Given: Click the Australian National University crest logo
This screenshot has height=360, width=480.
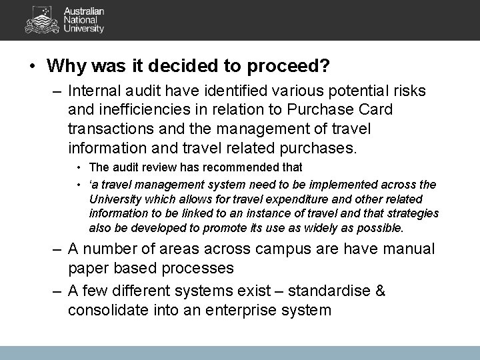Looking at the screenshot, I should pyautogui.click(x=41, y=19).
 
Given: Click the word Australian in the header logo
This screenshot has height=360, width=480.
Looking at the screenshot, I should pyautogui.click(x=83, y=11).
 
